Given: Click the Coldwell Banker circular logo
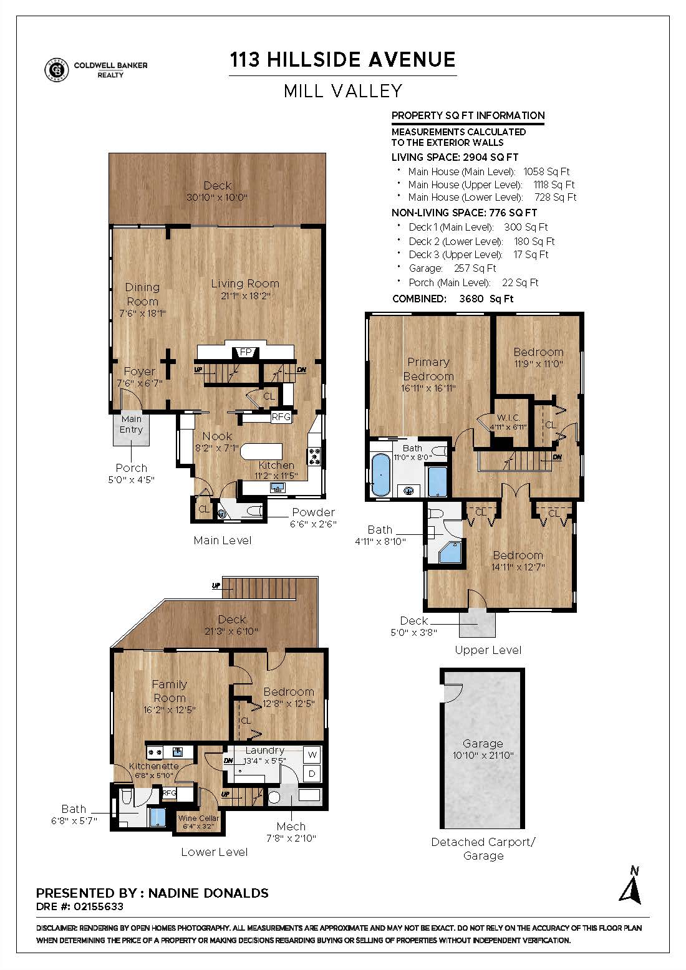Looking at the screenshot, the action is coord(56,70).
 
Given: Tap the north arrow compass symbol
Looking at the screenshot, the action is coord(631,886).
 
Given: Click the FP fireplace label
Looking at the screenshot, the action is coord(246,352).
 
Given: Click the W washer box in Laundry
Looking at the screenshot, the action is coord(312,755).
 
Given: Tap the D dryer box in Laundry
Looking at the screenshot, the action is coord(312,774).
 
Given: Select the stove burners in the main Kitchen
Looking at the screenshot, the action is coord(314,456).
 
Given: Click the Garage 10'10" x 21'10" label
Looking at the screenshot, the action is coord(483,749).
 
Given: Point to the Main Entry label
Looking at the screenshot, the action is coord(131,425).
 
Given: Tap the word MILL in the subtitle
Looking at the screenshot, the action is coord(303,91).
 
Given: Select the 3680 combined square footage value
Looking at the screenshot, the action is coord(471,299).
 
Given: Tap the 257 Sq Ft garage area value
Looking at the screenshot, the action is coord(475,269).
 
